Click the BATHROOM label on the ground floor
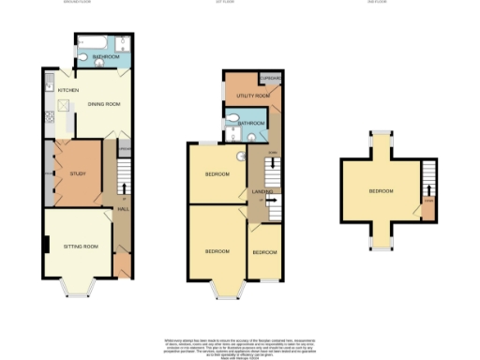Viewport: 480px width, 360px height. (x=105, y=58)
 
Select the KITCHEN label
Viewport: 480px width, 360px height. (x=67, y=90)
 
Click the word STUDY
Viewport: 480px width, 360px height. (x=77, y=174)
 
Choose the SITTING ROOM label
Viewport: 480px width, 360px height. (x=81, y=246)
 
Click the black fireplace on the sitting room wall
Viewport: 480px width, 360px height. (x=46, y=246)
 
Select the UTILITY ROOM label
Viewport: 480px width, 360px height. (x=253, y=96)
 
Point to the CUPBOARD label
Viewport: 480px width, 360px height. (x=271, y=78)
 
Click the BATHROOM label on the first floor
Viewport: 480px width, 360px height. (x=251, y=123)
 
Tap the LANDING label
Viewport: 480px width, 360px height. (x=262, y=192)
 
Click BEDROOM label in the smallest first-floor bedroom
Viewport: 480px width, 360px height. (x=265, y=252)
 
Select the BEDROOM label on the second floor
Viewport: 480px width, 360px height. (x=380, y=191)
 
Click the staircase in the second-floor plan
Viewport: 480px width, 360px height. (x=428, y=179)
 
